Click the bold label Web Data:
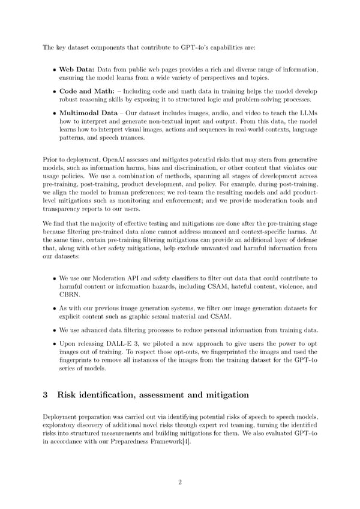click(x=76, y=70)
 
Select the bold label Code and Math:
click(x=85, y=91)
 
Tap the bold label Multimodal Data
click(x=88, y=112)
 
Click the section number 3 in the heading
click(x=46, y=395)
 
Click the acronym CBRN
click(x=69, y=295)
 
